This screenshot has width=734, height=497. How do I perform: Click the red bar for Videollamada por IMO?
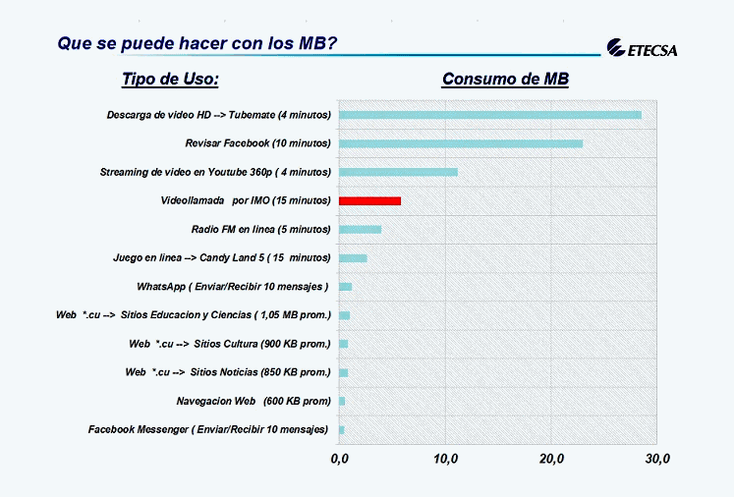[369, 200]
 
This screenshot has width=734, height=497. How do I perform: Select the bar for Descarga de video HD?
[490, 115]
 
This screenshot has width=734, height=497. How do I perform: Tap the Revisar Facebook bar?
[461, 143]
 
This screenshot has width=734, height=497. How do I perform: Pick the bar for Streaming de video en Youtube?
[398, 172]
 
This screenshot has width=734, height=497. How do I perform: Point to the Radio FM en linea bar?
[360, 229]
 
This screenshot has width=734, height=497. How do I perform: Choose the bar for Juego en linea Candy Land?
[353, 258]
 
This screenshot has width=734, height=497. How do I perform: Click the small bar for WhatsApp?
[346, 287]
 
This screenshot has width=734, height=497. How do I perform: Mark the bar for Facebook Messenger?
[342, 430]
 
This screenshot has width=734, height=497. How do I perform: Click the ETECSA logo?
[642, 48]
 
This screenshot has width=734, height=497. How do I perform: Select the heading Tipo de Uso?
[170, 79]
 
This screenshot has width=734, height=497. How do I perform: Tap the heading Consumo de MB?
[506, 79]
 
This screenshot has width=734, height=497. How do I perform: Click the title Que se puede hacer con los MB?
[198, 43]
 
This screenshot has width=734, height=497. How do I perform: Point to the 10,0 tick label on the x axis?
[446, 459]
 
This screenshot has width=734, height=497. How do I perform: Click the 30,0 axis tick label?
[657, 459]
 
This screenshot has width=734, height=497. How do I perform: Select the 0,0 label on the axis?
[339, 459]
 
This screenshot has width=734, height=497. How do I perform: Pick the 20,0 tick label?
[551, 459]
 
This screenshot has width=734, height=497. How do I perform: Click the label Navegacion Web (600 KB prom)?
[254, 401]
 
